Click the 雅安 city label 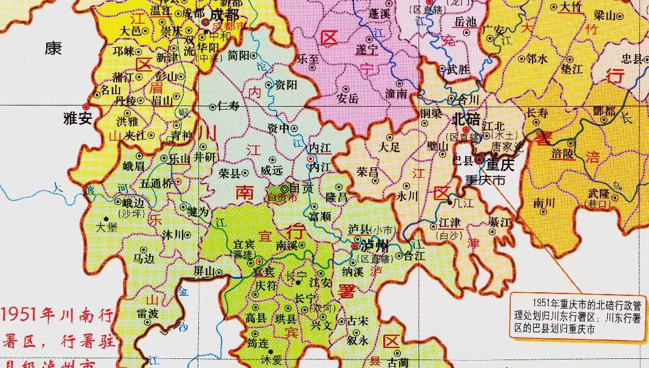coord(76,118)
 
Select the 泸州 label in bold coord(373,247)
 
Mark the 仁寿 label coord(230,106)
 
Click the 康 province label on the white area coord(53,49)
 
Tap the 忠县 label coord(631,58)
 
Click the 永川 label coord(408,196)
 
